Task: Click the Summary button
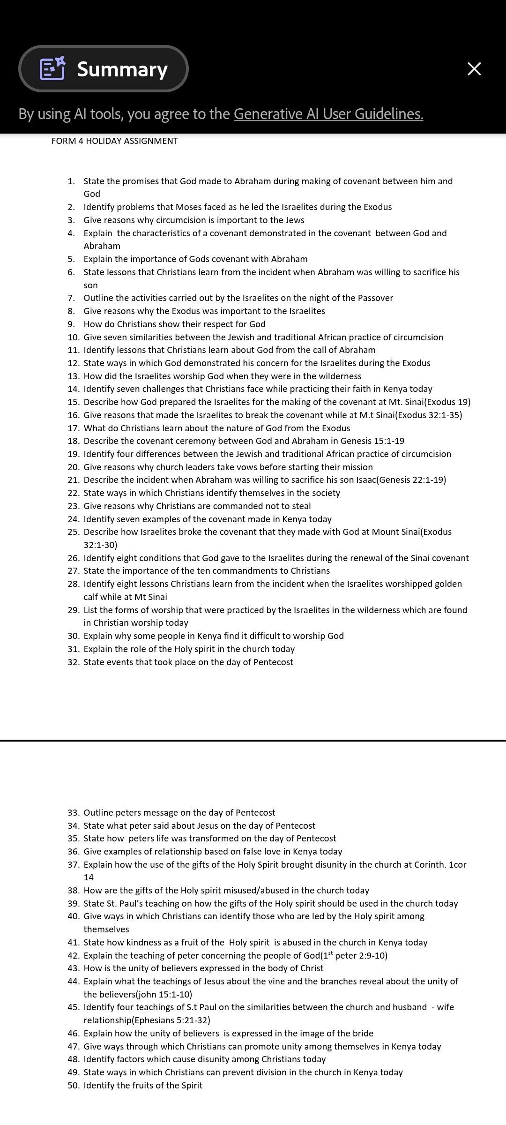click(x=104, y=69)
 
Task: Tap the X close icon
click(x=474, y=69)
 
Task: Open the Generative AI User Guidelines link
click(x=328, y=114)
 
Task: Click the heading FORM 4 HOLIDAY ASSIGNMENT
click(x=115, y=141)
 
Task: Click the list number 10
click(x=73, y=337)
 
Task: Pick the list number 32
click(x=73, y=662)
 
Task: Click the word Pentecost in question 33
click(x=255, y=813)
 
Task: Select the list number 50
click(x=73, y=1086)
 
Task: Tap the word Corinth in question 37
click(x=430, y=865)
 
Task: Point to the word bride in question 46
click(x=363, y=1034)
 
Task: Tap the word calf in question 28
click(x=91, y=597)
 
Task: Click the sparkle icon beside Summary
click(x=52, y=68)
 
